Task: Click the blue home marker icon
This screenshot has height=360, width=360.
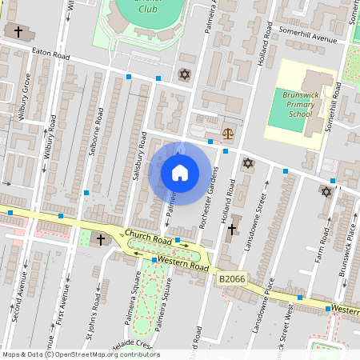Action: [x=180, y=173]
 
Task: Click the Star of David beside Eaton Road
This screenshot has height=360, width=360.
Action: [x=186, y=74]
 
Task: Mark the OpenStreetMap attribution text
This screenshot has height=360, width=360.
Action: [x=81, y=354]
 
